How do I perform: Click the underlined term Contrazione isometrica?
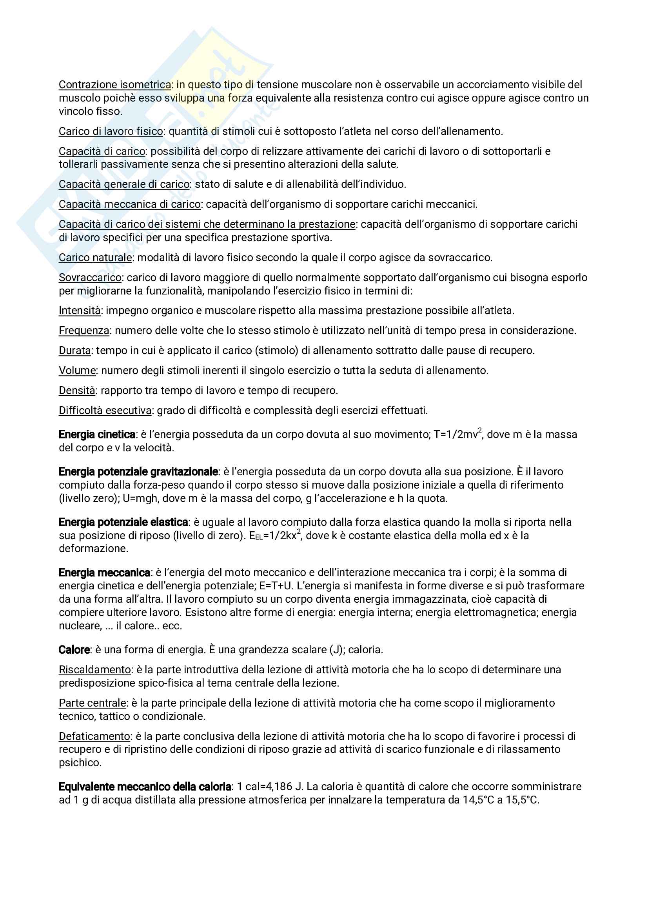pos(115,85)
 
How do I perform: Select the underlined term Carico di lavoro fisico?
pos(111,131)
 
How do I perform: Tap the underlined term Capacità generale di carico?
pos(124,184)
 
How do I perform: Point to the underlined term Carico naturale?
pos(95,258)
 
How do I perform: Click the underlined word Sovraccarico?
pos(90,278)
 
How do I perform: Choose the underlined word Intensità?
pos(80,311)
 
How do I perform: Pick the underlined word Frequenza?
pos(84,331)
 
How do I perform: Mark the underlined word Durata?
pos(74,351)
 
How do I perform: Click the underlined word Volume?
pos(77,371)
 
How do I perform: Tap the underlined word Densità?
pos(76,391)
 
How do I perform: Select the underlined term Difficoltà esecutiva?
pos(105,411)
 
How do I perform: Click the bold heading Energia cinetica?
pos(97,434)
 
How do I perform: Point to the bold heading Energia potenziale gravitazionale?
pos(138,472)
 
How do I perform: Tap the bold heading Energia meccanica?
pos(104,573)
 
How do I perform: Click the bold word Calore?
pos(74,650)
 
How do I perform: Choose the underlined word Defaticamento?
pos(94,736)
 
